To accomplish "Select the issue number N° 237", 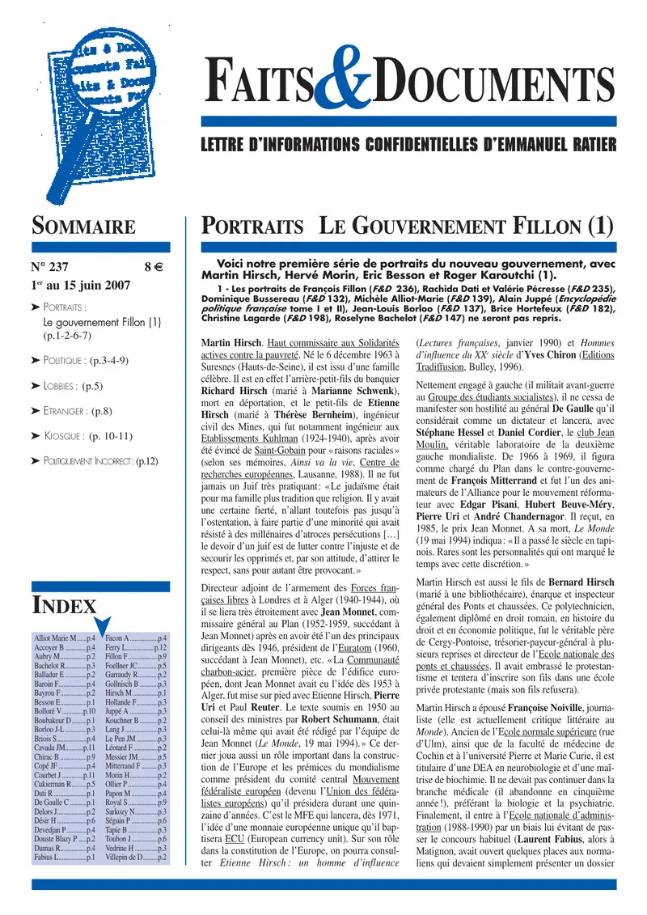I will pyautogui.click(x=50, y=266).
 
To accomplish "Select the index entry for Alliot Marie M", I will pyautogui.click(x=65, y=639).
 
